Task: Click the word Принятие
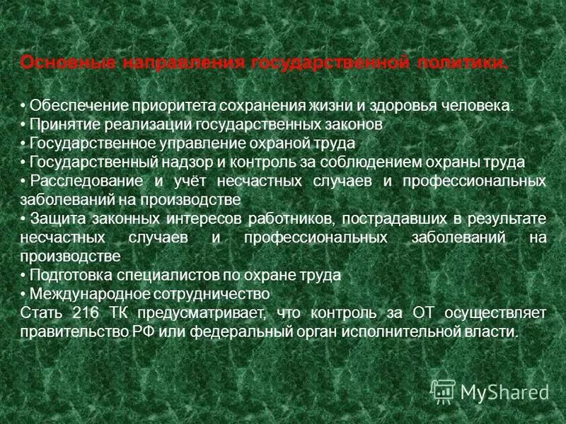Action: (62, 124)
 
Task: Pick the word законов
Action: (353, 124)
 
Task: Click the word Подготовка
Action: (68, 274)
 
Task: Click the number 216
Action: (82, 312)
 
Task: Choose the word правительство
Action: (67, 330)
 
